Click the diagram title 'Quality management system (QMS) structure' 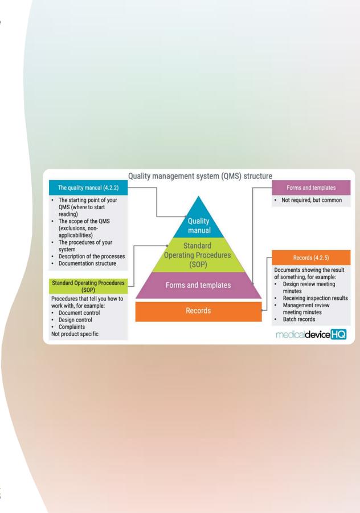click(x=200, y=176)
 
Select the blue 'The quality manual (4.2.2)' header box click(x=88, y=188)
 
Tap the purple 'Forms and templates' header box click(x=311, y=188)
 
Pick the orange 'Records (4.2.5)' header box click(x=311, y=258)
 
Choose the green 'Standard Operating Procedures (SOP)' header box click(x=88, y=286)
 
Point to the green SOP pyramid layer click(x=198, y=255)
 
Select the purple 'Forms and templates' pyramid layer click(x=198, y=286)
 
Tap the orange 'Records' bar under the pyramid click(x=198, y=311)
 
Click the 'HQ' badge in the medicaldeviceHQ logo click(x=338, y=335)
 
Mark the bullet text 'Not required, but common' click(x=312, y=200)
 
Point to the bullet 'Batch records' click(x=299, y=319)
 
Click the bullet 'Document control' click(x=79, y=312)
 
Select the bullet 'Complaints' click(x=72, y=327)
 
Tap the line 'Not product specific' click(x=75, y=333)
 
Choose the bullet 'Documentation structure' click(x=87, y=263)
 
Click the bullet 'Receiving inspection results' click(x=315, y=298)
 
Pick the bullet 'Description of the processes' click(x=92, y=256)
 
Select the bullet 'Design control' click(x=75, y=320)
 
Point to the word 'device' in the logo click(x=317, y=335)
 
